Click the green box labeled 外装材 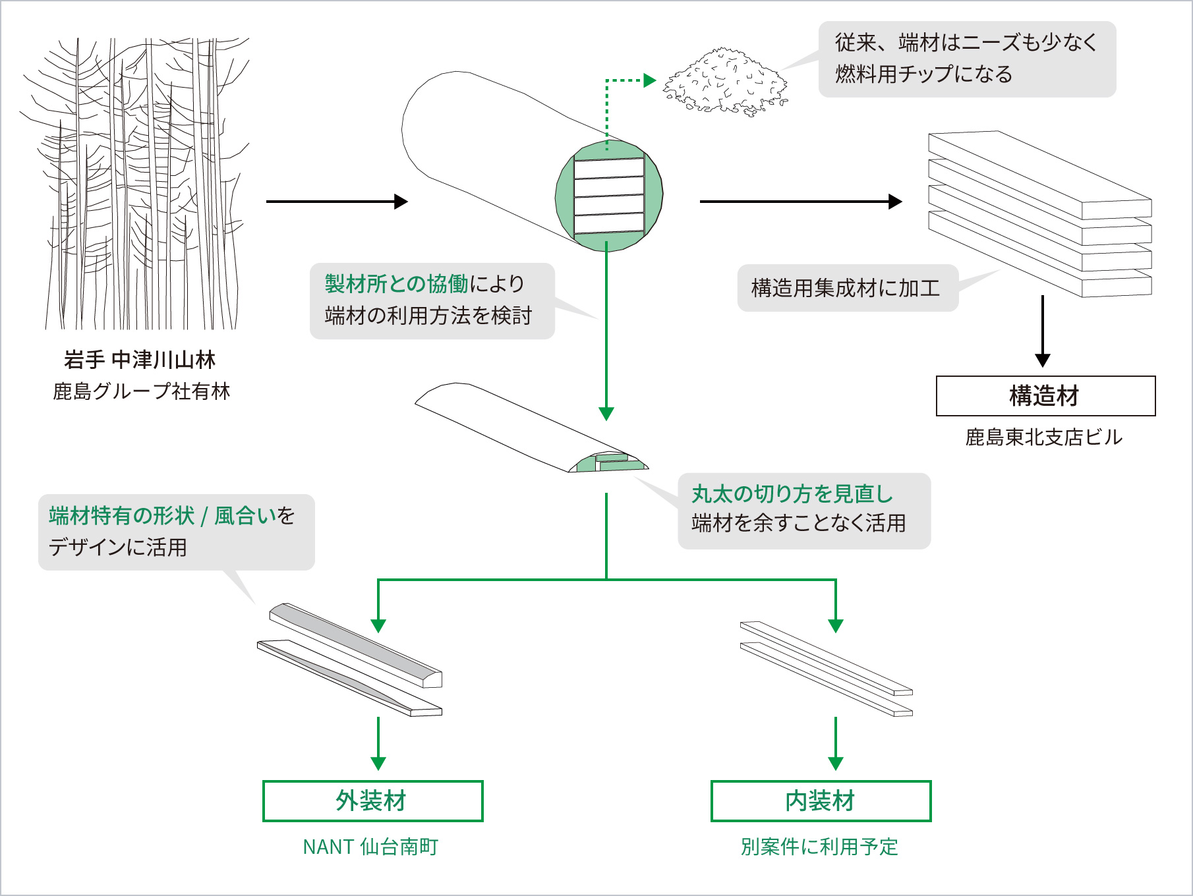[x=372, y=801]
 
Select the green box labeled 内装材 [x=821, y=801]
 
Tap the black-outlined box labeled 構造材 [x=1045, y=396]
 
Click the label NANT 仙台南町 [x=370, y=847]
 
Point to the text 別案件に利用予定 [x=819, y=847]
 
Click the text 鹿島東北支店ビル [x=1043, y=437]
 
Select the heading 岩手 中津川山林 [x=140, y=360]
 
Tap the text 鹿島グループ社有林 [x=141, y=391]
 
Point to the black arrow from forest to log [x=336, y=202]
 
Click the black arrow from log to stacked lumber [x=800, y=202]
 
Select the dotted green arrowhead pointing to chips [x=649, y=80]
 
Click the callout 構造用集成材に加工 [x=846, y=289]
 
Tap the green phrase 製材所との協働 [x=396, y=284]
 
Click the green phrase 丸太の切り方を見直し [x=792, y=493]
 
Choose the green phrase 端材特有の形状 [x=121, y=515]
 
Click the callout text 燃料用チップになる [x=923, y=74]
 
